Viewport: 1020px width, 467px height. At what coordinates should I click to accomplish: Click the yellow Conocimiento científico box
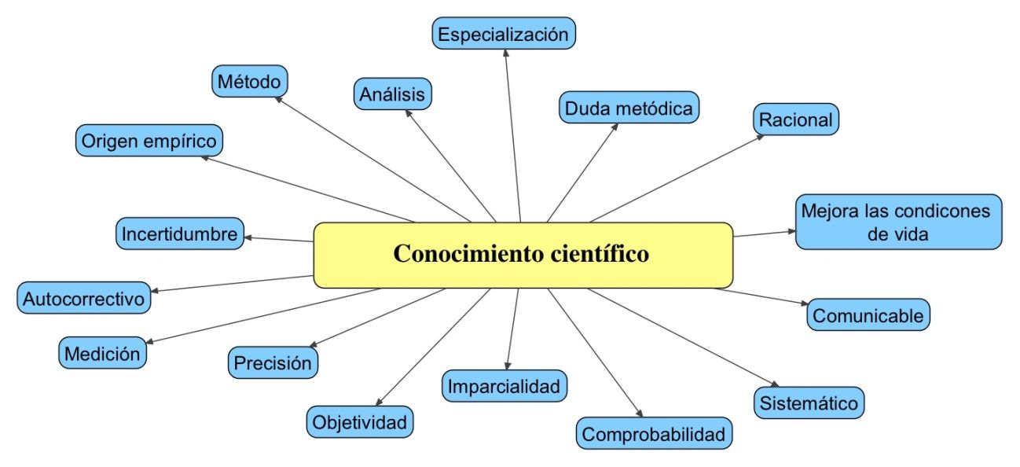tap(523, 255)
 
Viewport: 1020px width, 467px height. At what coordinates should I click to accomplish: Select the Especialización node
tap(503, 34)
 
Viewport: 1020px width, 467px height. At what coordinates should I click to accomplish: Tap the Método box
tap(249, 80)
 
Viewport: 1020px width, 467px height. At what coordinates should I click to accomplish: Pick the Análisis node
tap(392, 94)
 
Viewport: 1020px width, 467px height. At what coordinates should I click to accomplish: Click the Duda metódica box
tap(629, 108)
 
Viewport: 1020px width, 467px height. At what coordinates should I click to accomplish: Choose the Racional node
tap(796, 120)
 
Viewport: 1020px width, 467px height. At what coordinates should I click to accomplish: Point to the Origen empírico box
tap(149, 141)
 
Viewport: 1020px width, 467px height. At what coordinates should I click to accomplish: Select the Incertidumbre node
tap(179, 233)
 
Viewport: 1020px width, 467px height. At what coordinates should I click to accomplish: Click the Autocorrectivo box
tap(84, 299)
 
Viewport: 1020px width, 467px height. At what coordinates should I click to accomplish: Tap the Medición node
tap(103, 353)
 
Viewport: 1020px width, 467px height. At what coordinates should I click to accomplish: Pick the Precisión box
tap(273, 362)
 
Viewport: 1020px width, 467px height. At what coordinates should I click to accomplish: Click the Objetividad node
tap(359, 422)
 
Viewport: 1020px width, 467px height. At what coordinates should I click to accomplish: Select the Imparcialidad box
tap(504, 386)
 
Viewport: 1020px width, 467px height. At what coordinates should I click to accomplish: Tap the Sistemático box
tap(809, 403)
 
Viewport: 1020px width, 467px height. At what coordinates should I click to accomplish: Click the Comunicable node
tap(868, 315)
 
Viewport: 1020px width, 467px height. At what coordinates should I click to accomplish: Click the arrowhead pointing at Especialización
tap(505, 51)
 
